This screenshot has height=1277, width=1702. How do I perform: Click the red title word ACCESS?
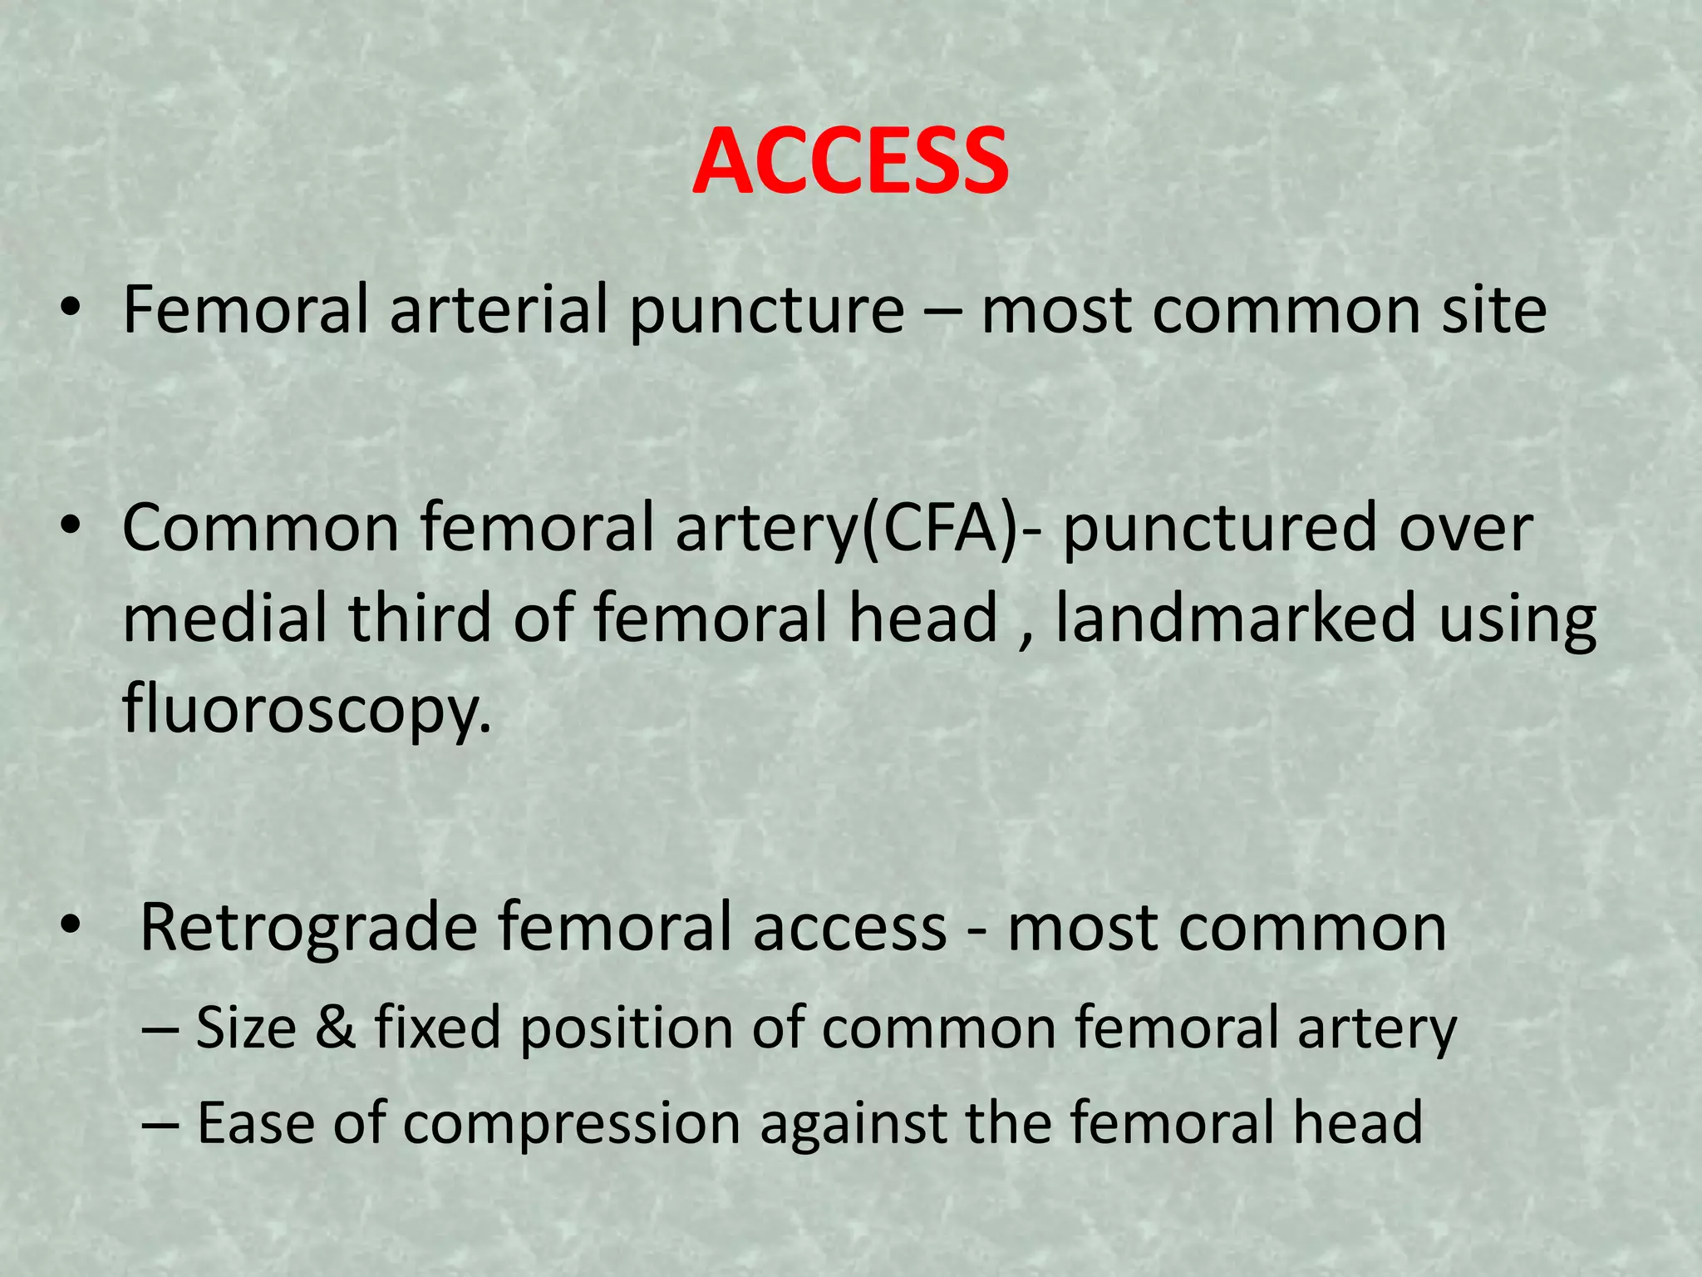click(x=850, y=161)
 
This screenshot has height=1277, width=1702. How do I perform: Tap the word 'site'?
click(x=1493, y=310)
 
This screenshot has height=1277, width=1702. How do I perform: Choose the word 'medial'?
click(x=224, y=618)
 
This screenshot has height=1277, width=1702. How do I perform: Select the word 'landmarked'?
click(x=1235, y=618)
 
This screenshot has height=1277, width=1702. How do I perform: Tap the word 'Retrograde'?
click(x=308, y=929)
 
